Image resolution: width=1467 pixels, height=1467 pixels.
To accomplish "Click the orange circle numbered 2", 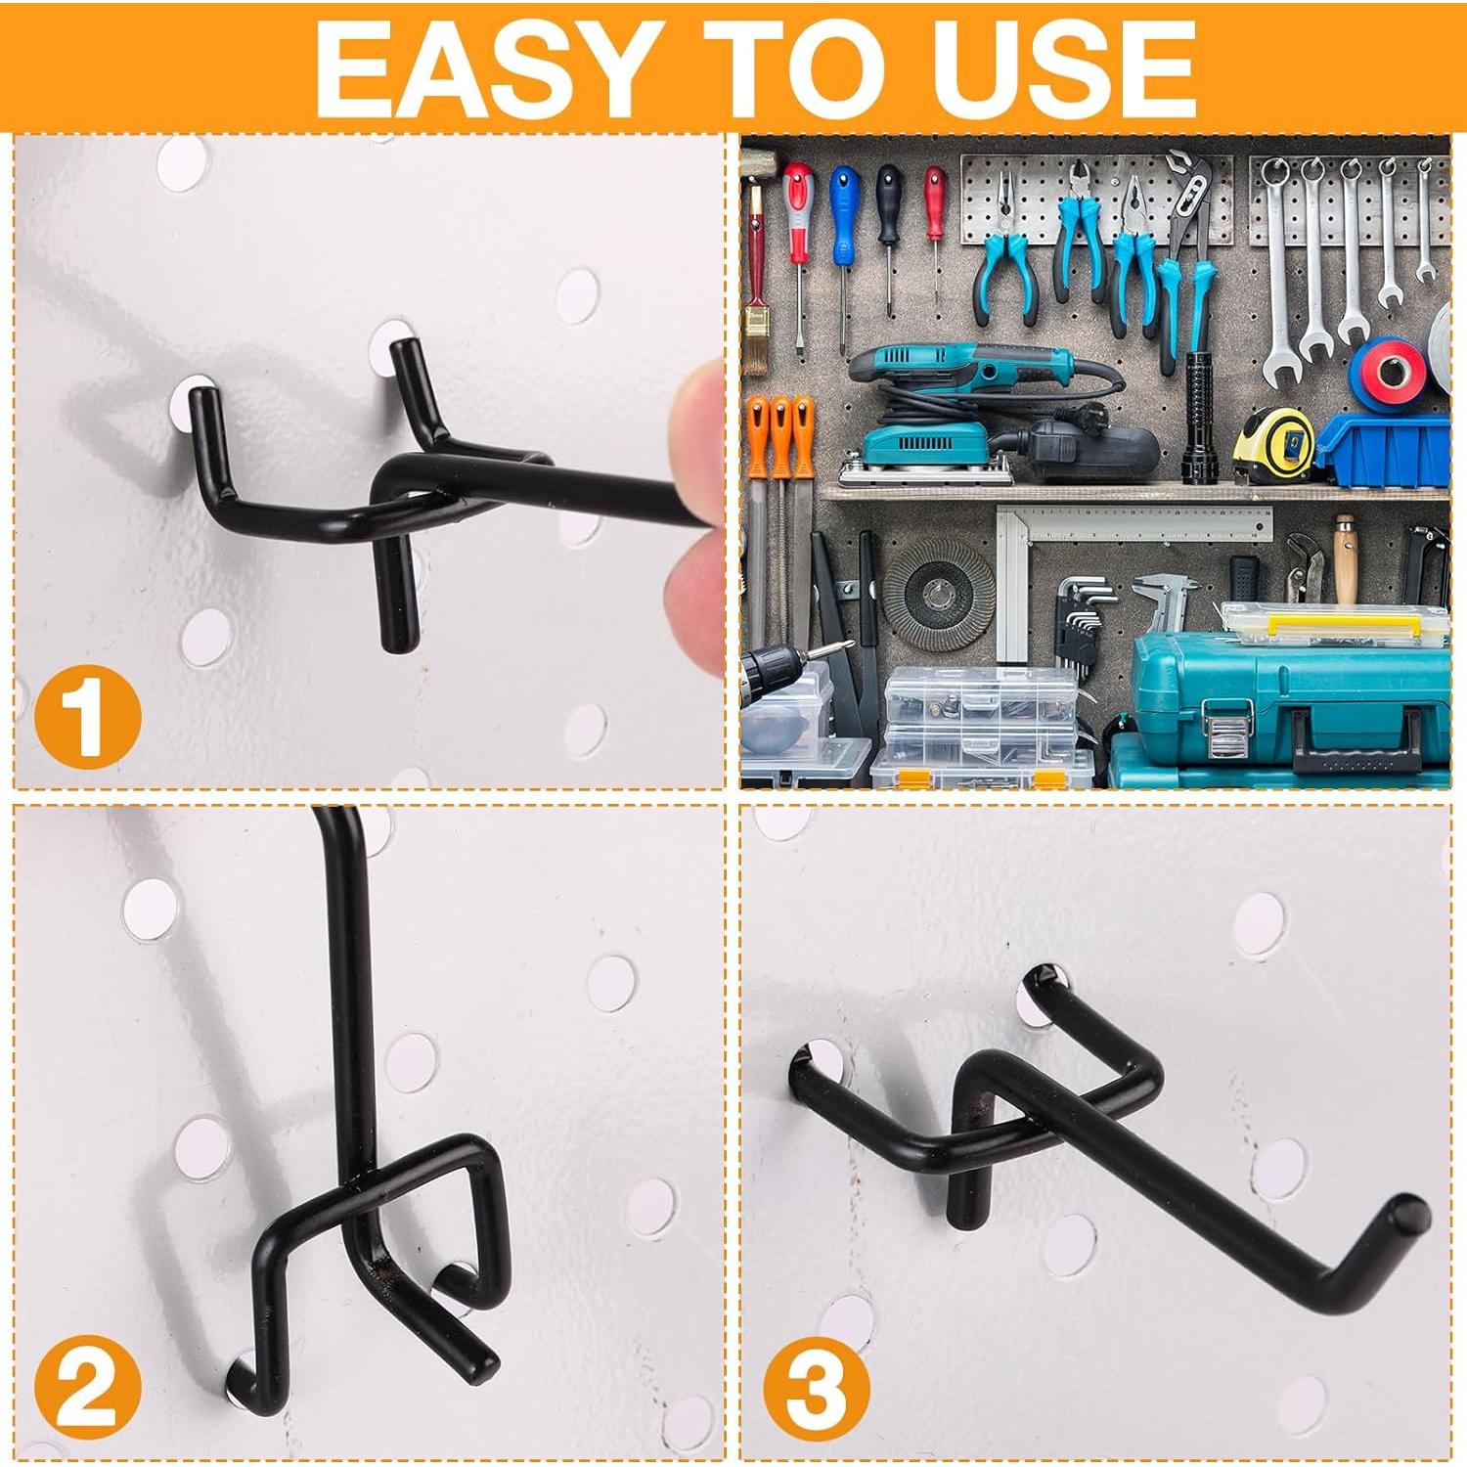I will (x=88, y=1389).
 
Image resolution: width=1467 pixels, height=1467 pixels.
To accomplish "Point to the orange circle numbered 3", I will (x=817, y=1389).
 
